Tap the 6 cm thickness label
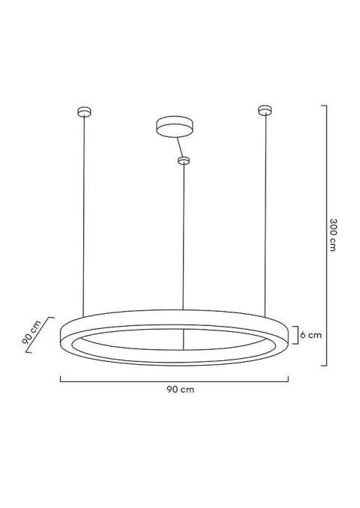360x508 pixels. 311,335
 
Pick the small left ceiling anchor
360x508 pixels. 83,112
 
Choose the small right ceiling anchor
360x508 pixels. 263,111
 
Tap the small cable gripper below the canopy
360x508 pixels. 182,160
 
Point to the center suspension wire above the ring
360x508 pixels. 183,240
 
